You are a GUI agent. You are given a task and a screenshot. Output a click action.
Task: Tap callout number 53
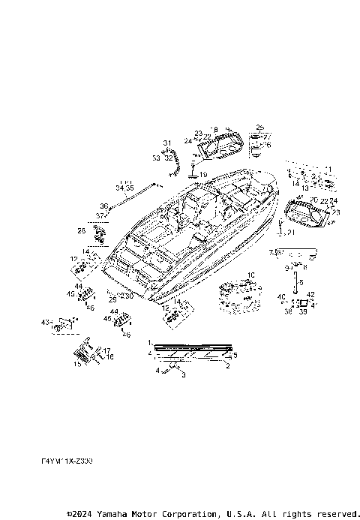tap(156, 158)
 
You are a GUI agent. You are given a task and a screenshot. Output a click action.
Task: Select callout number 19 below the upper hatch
tap(202, 174)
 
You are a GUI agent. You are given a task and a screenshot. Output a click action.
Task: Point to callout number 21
tap(292, 233)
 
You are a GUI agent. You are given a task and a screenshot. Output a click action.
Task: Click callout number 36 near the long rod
tap(104, 206)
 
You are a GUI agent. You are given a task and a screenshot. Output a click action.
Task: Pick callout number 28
tap(82, 230)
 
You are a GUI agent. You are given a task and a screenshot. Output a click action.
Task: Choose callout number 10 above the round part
tap(251, 275)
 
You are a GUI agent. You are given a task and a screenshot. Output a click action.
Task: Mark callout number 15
tap(76, 364)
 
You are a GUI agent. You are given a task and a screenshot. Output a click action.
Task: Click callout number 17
tap(108, 350)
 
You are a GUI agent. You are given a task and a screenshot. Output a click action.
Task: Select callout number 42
tap(310, 294)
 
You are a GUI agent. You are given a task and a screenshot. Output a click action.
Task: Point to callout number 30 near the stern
tap(129, 296)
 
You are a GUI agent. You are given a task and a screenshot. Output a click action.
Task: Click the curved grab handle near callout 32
tap(175, 161)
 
